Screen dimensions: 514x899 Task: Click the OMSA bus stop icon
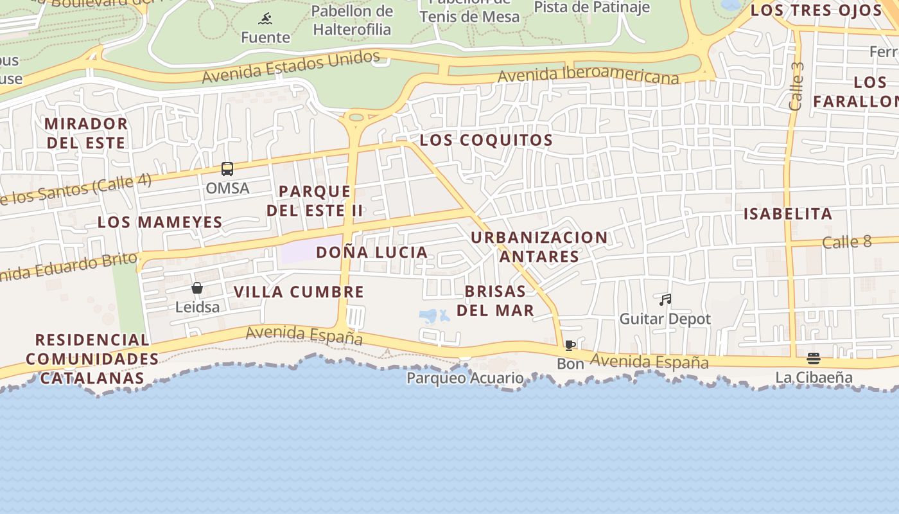pos(227,169)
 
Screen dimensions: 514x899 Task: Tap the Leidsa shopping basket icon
pos(197,288)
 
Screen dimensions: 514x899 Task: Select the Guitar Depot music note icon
pos(665,299)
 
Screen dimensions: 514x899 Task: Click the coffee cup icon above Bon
pos(570,346)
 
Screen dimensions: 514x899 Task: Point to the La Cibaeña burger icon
pos(814,359)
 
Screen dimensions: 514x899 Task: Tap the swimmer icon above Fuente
pos(265,19)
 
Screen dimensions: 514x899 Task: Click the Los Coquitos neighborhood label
pos(486,140)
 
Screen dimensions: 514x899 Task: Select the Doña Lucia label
pos(372,252)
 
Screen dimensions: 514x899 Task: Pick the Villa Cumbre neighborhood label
pos(299,292)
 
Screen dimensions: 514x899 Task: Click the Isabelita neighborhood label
pos(787,213)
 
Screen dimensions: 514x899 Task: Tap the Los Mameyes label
pos(160,222)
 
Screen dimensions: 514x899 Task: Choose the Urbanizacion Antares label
pos(539,247)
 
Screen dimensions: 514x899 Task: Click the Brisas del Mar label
pos(495,301)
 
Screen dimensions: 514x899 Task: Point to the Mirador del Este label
pos(86,133)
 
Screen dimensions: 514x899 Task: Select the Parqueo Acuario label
pos(466,378)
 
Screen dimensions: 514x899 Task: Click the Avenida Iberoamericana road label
pos(588,75)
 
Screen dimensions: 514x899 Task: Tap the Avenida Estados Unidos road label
pos(291,67)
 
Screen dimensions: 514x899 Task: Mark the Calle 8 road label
pos(846,242)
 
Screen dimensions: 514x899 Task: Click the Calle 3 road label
pos(797,87)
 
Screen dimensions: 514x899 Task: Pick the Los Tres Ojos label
pos(816,10)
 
